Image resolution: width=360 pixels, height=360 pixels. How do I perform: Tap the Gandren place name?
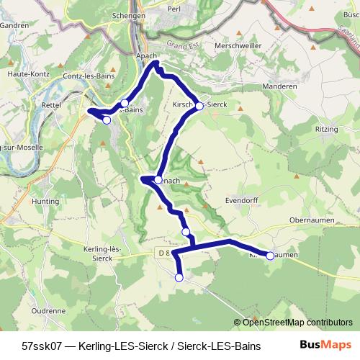[15, 24]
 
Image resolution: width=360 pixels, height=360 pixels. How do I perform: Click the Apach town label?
[146, 54]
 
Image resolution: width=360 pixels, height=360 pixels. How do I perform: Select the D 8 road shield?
[163, 253]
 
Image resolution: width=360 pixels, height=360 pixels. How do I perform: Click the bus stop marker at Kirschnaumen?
[270, 256]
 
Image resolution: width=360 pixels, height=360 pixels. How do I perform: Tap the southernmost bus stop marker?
[179, 277]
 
